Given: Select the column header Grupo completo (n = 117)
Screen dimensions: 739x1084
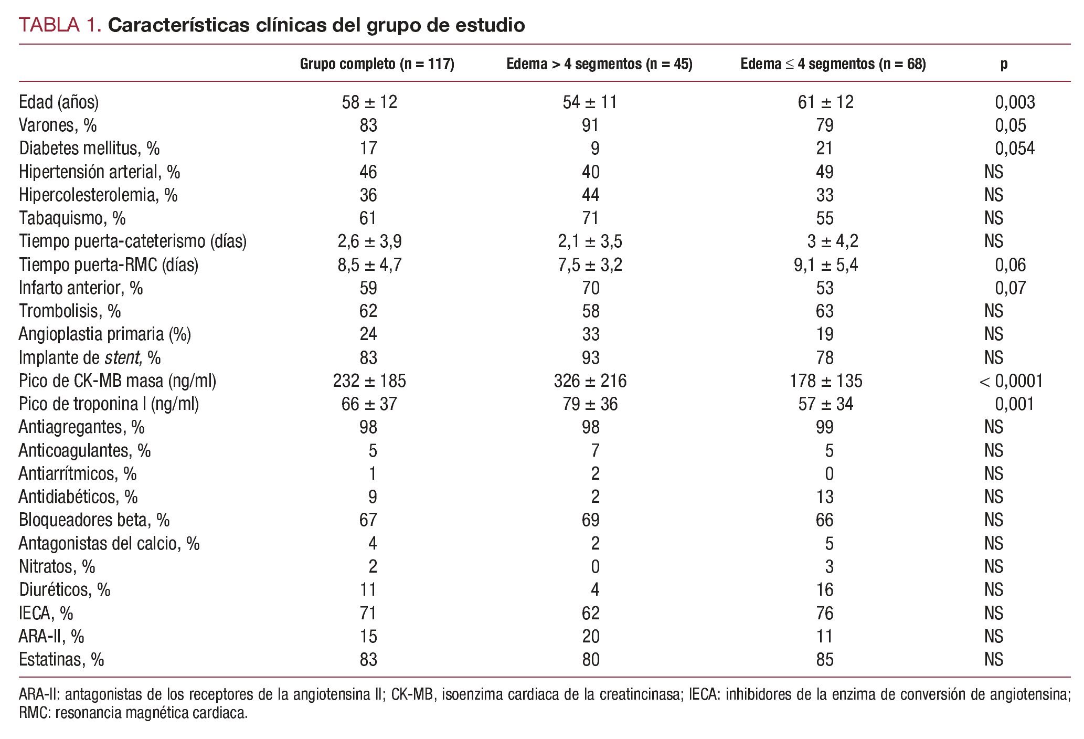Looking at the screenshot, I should [377, 64].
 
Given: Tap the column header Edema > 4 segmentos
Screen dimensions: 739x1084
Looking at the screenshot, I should [599, 64].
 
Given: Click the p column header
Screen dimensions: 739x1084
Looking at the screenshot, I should [1003, 64].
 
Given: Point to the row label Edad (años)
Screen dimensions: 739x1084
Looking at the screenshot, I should [59, 102].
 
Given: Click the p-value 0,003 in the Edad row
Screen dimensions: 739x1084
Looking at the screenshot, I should [1015, 102].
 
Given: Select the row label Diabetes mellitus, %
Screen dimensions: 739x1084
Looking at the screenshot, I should [89, 149].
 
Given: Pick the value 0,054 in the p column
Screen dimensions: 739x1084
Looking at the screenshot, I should [1015, 149].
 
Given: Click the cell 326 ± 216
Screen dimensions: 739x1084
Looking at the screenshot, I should [590, 381].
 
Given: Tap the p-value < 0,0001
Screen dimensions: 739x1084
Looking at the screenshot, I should [1011, 381].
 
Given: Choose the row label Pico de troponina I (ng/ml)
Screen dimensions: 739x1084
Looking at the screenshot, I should [109, 404].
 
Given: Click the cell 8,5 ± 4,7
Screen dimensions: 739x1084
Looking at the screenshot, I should [369, 265].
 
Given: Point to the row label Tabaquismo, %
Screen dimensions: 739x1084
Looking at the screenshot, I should [72, 218].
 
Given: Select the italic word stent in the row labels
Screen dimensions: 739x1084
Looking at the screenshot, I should [123, 357].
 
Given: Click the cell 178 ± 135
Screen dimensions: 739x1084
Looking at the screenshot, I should [825, 381].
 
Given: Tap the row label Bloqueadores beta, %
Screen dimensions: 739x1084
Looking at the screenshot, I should [94, 520].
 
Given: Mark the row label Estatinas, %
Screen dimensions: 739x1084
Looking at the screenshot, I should [61, 659].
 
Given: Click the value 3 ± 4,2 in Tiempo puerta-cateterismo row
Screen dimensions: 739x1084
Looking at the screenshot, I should [832, 241].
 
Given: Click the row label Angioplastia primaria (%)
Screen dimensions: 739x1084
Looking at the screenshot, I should [105, 334].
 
